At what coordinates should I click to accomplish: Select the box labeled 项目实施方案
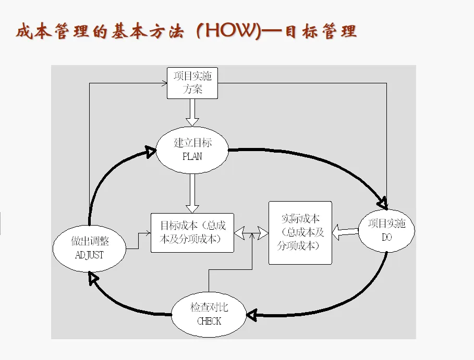coord(192,83)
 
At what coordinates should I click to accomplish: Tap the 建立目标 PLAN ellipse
coord(192,149)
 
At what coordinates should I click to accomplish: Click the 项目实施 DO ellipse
coord(386,231)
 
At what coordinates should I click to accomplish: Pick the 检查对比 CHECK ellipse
coord(209,314)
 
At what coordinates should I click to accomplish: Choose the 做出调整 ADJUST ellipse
coord(90,248)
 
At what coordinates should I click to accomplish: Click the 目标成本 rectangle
coord(192,233)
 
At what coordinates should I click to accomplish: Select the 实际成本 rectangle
coord(300,232)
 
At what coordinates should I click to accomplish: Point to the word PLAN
coord(192,156)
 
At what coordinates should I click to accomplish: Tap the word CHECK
coord(209,321)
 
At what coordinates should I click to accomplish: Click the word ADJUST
coord(90,255)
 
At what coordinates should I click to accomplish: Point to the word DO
coord(386,238)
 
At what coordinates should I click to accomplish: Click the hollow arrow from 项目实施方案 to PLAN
coord(192,113)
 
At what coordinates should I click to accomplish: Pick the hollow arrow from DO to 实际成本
coord(345,232)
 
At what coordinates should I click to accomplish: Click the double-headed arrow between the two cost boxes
coord(252,232)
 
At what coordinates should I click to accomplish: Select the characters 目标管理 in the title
coord(321,31)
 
